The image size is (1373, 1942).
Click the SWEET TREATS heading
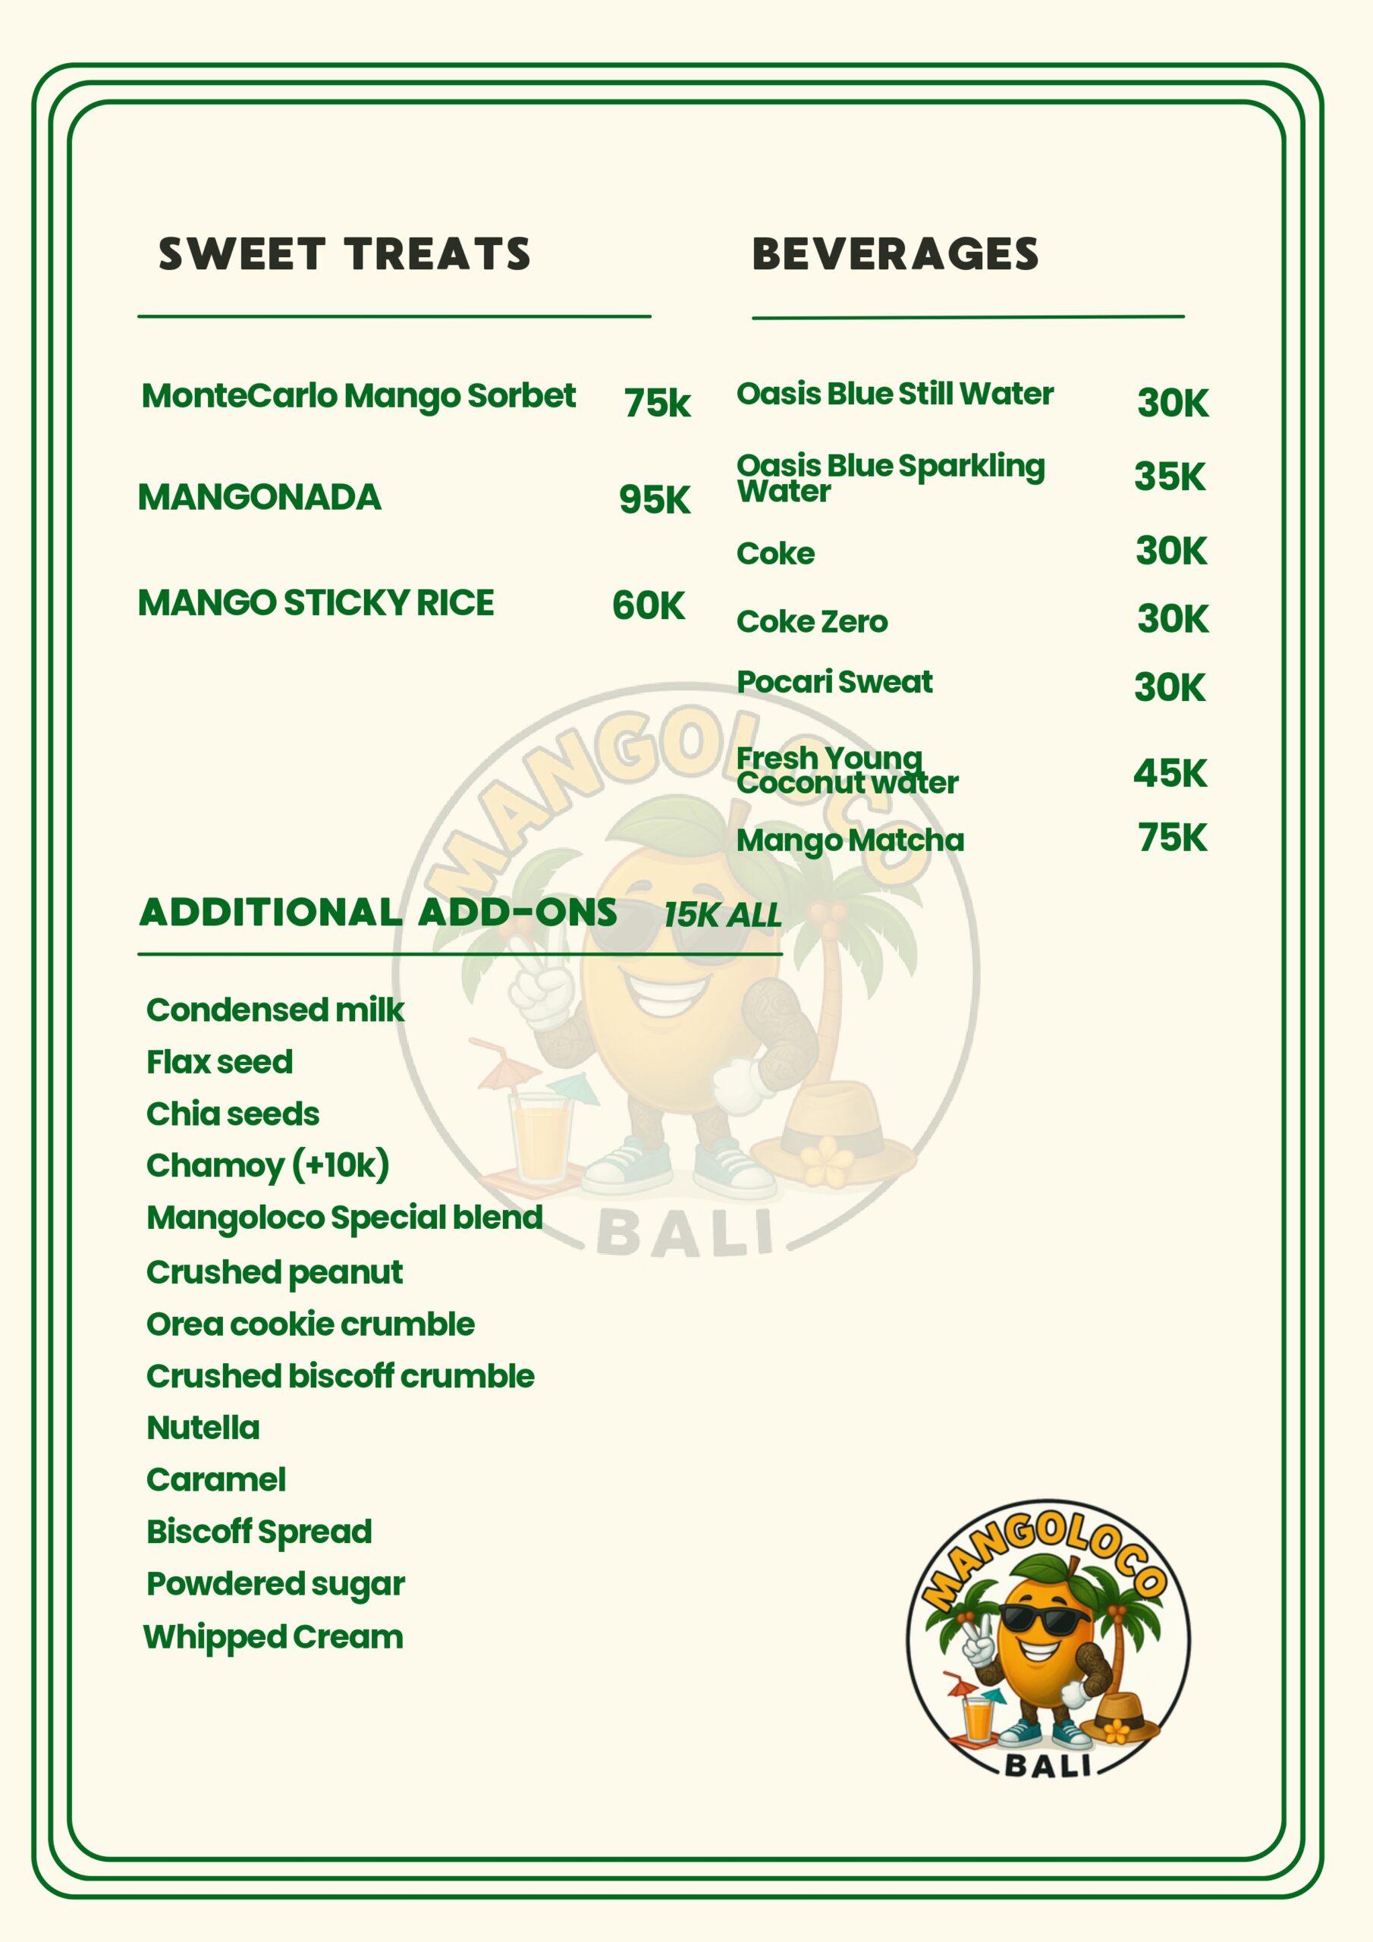tap(344, 253)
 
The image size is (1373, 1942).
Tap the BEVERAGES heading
tap(895, 253)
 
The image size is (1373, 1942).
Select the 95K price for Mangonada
tap(654, 499)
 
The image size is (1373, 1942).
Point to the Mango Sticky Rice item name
tap(316, 603)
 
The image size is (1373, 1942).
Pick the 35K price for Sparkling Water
tap(1169, 476)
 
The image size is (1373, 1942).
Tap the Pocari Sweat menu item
tap(834, 682)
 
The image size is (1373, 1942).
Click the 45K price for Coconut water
tap(1170, 773)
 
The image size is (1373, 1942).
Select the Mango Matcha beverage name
tap(850, 840)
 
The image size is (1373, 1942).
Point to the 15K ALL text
tap(721, 915)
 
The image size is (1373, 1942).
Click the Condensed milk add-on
tap(275, 1010)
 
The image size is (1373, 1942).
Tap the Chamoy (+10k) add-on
tap(267, 1165)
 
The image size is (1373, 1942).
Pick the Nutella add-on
tap(203, 1428)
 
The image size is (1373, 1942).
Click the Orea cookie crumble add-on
tap(310, 1325)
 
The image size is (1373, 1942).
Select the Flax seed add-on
tap(220, 1062)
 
